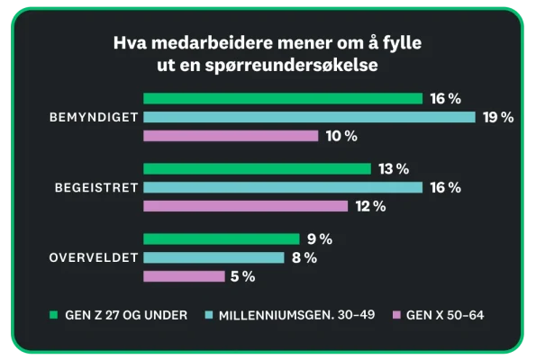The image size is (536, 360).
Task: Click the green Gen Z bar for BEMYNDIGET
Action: pyautogui.click(x=282, y=98)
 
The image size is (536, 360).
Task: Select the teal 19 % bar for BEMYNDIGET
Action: pyautogui.click(x=309, y=117)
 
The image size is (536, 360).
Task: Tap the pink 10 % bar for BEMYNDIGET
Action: pyautogui.click(x=231, y=136)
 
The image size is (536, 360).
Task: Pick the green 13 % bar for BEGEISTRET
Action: pyautogui.click(x=257, y=168)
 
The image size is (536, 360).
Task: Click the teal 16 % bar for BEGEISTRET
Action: pyautogui.click(x=282, y=187)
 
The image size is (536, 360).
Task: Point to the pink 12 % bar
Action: pyautogui.click(x=245, y=206)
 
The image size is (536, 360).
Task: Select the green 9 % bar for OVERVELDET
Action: pyautogui.click(x=221, y=239)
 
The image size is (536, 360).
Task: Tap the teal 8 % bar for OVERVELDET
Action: pyautogui.click(x=213, y=258)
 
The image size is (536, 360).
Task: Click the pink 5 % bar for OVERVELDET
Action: pyautogui.click(x=184, y=276)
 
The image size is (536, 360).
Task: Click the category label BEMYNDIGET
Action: pyautogui.click(x=93, y=117)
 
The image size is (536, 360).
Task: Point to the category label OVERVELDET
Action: pyautogui.click(x=92, y=258)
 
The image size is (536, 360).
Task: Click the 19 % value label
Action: pyautogui.click(x=497, y=117)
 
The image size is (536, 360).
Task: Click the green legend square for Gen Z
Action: pyautogui.click(x=53, y=315)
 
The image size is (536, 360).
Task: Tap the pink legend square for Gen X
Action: pyautogui.click(x=395, y=315)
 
